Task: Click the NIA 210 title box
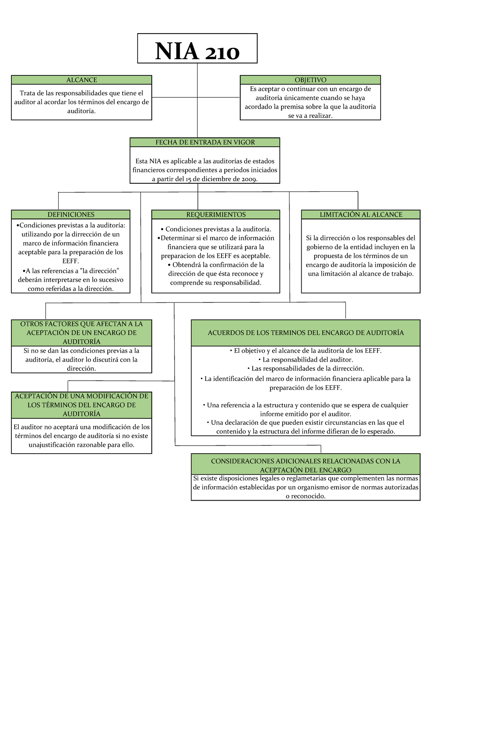197,49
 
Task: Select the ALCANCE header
81,80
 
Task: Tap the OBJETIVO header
310,80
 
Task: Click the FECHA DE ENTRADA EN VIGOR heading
205,142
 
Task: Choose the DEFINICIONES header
71,214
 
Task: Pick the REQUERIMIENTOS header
216,214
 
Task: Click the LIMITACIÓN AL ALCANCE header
361,214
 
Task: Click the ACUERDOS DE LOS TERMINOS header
306,333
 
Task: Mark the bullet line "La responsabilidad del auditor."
306,360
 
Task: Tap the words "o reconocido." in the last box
306,496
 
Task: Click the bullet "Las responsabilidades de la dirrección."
306,369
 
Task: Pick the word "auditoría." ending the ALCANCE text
81,111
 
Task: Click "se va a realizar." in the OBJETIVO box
310,116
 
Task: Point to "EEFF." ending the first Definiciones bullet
70,261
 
